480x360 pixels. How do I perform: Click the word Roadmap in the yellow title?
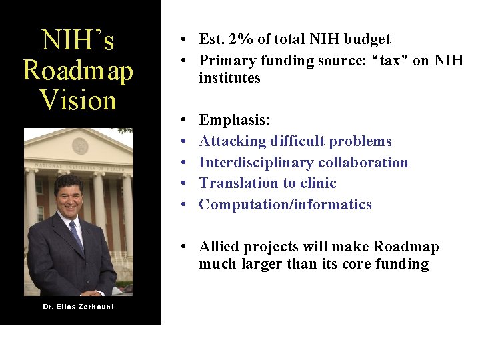pos(78,71)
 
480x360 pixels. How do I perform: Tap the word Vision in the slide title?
pos(78,101)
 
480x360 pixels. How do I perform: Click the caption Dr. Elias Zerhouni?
pos(78,307)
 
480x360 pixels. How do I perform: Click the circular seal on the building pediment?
pos(80,145)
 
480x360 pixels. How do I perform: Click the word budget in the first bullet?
pos(366,39)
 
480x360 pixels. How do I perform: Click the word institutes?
pos(229,78)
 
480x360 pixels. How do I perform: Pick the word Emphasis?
pos(234,120)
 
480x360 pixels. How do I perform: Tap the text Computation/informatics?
pos(285,205)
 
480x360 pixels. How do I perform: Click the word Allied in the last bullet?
pos(220,247)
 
